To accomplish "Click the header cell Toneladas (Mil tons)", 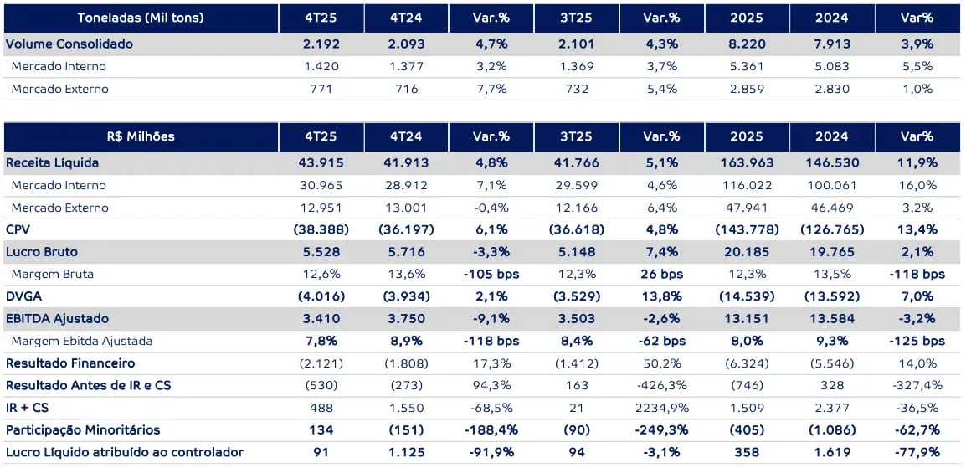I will [x=141, y=18].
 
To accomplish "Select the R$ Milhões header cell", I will [x=141, y=136].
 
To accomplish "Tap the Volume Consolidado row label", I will [x=69, y=44].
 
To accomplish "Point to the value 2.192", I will [x=321, y=44].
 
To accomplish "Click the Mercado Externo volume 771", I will [x=321, y=89].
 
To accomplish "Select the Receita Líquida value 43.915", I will [x=321, y=162].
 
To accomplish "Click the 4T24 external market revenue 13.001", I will [x=407, y=208].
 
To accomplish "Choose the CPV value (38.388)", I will [x=321, y=229].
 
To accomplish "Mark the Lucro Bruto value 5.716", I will [x=407, y=252].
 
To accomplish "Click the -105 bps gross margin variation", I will [x=491, y=274].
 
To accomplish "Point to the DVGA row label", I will [x=23, y=296].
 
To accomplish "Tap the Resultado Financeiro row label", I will [x=70, y=363].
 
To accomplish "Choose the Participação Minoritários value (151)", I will [x=407, y=430].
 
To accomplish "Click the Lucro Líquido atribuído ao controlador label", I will [x=125, y=453].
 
